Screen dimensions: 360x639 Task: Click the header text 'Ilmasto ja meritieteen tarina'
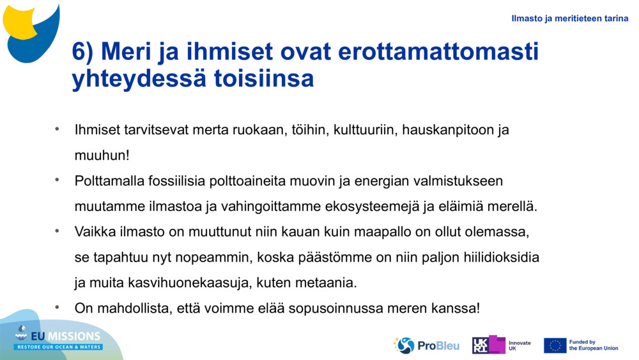pos(569,19)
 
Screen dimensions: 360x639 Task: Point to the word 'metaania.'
pos(329,283)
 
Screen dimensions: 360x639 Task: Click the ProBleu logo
pos(426,345)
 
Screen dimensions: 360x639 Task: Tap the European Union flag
pos(555,345)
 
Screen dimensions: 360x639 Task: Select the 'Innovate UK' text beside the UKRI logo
pos(519,345)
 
